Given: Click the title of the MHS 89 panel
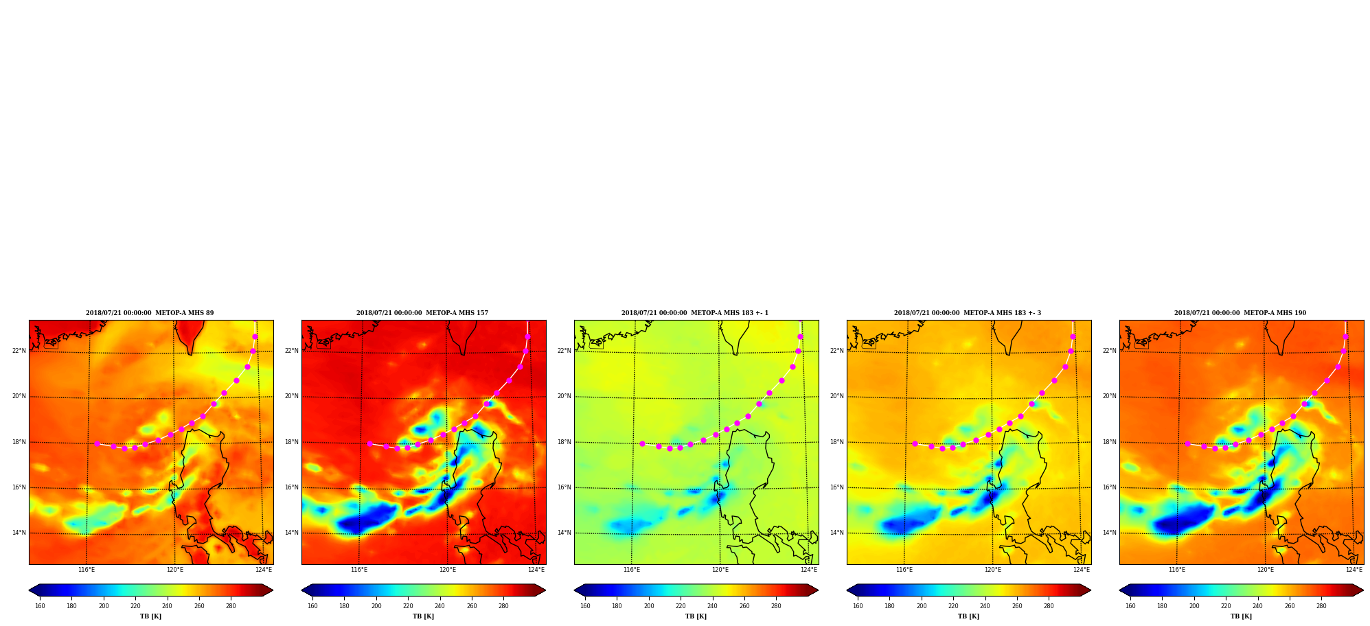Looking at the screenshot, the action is click(150, 313).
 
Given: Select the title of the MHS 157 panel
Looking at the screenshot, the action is click(422, 313).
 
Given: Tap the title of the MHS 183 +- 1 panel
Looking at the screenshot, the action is click(695, 313).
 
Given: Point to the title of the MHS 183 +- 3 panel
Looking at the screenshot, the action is click(968, 313).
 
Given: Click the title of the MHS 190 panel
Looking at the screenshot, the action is click(1240, 313).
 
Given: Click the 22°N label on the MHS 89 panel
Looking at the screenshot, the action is click(19, 351).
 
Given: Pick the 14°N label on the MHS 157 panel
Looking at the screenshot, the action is click(292, 533).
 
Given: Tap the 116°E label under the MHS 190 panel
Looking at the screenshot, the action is click(1177, 570).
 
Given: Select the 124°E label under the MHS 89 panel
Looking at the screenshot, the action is click(264, 570).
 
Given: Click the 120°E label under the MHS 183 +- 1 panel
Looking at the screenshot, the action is click(720, 570).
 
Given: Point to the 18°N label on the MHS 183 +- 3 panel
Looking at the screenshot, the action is click(837, 442).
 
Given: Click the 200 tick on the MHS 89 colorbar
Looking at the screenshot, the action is click(104, 606).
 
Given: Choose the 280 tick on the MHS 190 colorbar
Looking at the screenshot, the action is click(1321, 606).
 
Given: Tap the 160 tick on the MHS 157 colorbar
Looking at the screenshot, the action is click(312, 606).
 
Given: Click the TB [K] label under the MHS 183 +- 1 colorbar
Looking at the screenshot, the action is click(696, 616).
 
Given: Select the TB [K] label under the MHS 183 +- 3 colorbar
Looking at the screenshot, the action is click(968, 616).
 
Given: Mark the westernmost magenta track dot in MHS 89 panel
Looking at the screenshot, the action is click(97, 443).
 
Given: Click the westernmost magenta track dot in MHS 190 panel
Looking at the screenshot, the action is click(1187, 443).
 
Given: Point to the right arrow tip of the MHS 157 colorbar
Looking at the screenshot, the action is click(545, 590).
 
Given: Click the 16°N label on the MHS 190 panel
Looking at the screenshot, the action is click(1110, 487).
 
